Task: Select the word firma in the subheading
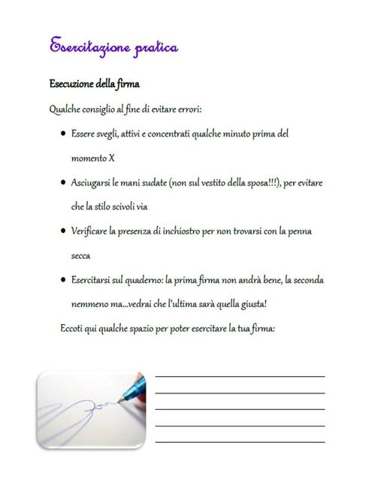point(127,83)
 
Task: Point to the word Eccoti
point(72,329)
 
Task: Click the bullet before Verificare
point(61,231)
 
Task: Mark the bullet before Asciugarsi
point(61,182)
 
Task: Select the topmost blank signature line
point(240,375)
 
